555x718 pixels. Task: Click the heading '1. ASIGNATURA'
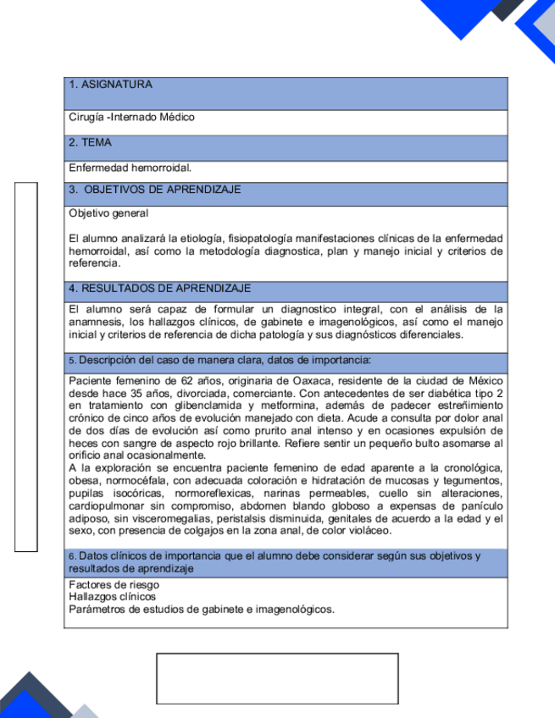tap(110, 85)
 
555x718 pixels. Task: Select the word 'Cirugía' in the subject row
tap(86, 117)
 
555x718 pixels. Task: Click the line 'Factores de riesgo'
tap(114, 585)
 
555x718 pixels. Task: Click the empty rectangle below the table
tap(277, 678)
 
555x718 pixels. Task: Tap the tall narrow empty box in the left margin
tap(26, 367)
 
